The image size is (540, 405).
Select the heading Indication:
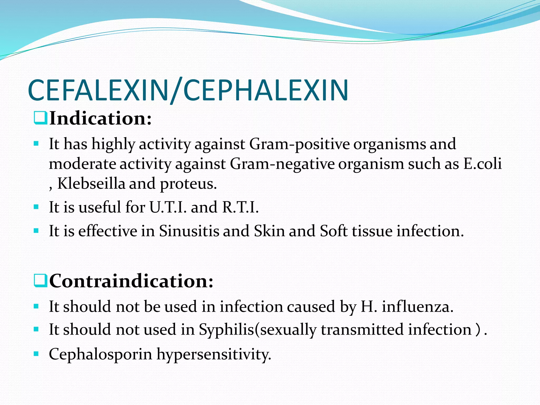[100, 118]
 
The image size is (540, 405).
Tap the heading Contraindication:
[131, 281]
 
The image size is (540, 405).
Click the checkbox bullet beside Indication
[41, 118]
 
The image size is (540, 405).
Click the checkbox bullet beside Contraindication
[41, 281]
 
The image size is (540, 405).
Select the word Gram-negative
[282, 164]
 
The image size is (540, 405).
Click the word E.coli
[482, 164]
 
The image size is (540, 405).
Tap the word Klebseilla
[91, 184]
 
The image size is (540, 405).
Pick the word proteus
[188, 184]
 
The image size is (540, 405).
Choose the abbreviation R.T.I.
[240, 207]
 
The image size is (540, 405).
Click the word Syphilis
[226, 330]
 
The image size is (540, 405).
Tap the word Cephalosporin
[100, 354]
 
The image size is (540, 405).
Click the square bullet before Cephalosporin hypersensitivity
[36, 354]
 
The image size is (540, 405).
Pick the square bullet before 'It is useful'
[36, 207]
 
